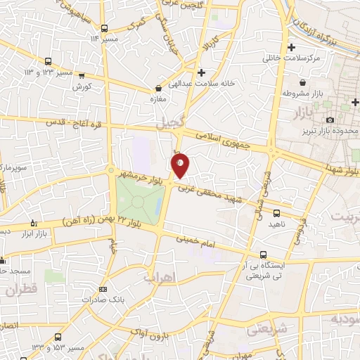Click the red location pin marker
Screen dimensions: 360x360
coord(180,165)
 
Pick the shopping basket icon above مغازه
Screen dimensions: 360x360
coord(158,89)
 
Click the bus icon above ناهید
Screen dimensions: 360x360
coord(276,212)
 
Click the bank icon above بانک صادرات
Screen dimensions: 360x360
coord(103,288)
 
